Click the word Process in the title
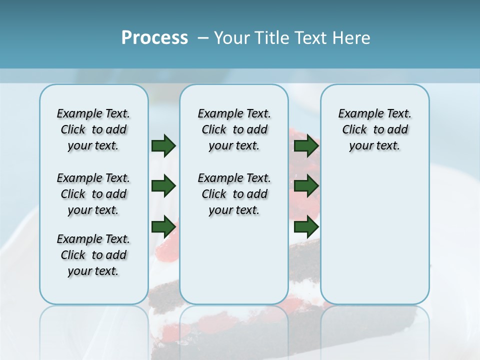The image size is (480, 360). pos(154,38)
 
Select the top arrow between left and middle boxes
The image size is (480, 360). pos(163,145)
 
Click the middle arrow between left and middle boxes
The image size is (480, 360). pos(163,186)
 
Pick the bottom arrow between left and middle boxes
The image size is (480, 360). pos(163,227)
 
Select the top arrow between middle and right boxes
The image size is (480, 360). pos(306,145)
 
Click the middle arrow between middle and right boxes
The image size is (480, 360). pos(306,186)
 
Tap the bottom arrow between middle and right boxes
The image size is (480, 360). pos(306,227)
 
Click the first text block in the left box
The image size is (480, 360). pos(93,129)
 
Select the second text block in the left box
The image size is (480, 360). pos(93,194)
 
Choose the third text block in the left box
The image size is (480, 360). pos(93,255)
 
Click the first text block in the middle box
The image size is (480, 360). pos(234,129)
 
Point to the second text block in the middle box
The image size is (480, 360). pos(234,194)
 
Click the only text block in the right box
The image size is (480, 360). pos(374,129)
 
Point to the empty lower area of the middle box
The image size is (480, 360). pos(234,260)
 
